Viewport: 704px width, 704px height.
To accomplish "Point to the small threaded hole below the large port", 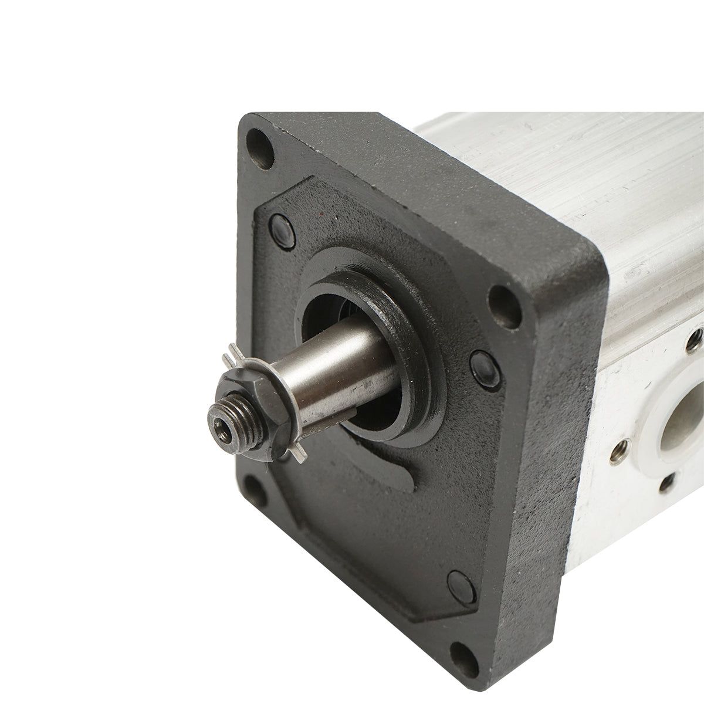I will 667,485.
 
